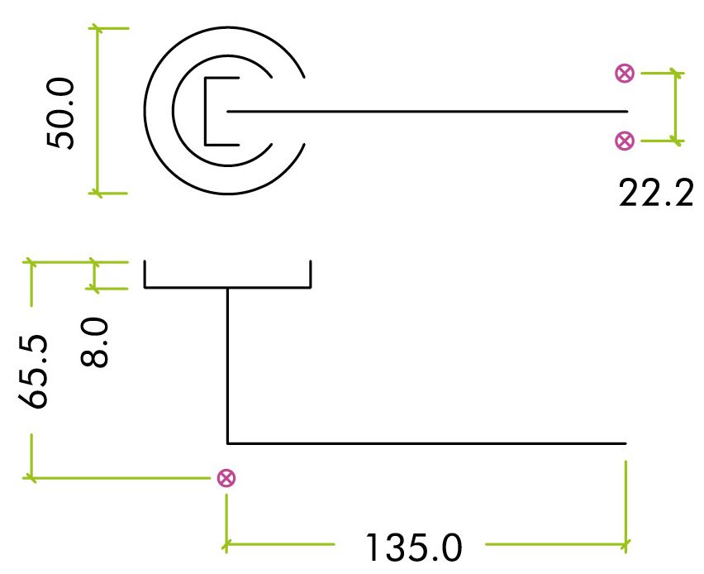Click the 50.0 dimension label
pos(62,113)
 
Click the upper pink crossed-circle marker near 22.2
pos(625,74)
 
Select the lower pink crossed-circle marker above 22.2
pos(625,141)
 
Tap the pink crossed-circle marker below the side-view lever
pos(224,477)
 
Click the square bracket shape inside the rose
pos(206,111)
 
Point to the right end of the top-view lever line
pos(626,111)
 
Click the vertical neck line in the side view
pos(227,364)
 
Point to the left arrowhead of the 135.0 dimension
pos(226,545)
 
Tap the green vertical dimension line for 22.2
pos(678,108)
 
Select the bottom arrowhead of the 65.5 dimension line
pos(31,476)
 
